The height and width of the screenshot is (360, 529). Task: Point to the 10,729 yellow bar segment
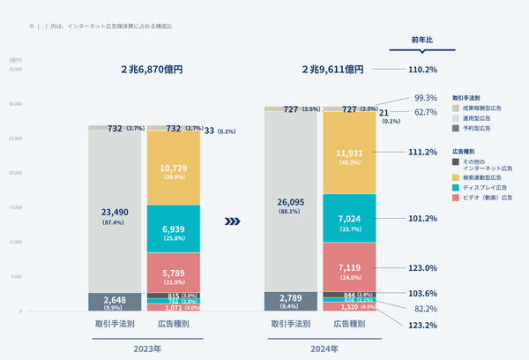coord(173,172)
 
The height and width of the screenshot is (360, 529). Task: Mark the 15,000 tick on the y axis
coord(15,207)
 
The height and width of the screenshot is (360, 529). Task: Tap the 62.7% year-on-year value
coord(426,113)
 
